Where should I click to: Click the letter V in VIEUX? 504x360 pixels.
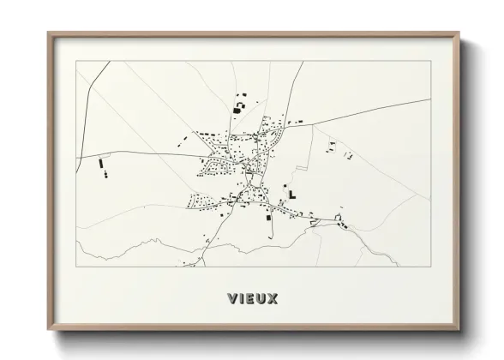[x=232, y=298]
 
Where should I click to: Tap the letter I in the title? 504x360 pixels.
[x=243, y=298]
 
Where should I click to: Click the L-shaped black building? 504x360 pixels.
[x=292, y=194]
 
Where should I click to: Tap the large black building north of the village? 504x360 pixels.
[x=237, y=108]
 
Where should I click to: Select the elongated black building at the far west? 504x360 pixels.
[x=101, y=162]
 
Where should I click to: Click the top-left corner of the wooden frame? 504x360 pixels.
[x=48, y=33]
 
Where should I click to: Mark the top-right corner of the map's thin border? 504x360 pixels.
[x=430, y=61]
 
